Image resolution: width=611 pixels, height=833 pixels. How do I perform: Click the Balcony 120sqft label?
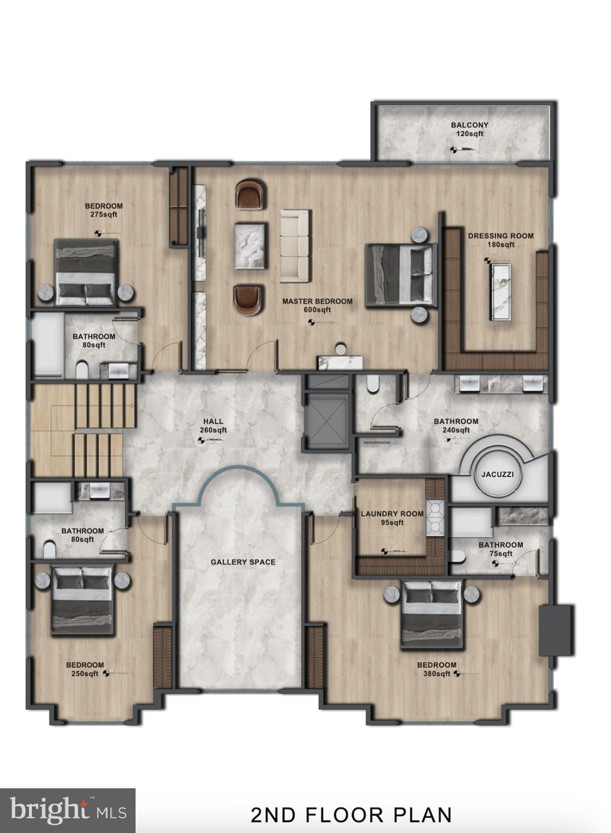click(x=469, y=129)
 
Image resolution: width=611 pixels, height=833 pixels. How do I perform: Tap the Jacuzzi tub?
click(x=497, y=475)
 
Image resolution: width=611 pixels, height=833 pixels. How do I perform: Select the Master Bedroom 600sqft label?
click(x=317, y=305)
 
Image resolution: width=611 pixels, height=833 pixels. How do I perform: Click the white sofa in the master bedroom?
click(x=295, y=246)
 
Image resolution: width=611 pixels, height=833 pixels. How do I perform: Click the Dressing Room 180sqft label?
click(x=500, y=240)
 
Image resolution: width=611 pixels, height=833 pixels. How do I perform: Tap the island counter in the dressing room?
click(x=500, y=292)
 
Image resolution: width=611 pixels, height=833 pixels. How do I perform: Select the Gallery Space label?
click(x=243, y=562)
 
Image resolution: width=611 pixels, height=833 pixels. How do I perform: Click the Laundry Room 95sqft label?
click(x=392, y=518)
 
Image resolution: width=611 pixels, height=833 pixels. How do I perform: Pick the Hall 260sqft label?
click(x=213, y=426)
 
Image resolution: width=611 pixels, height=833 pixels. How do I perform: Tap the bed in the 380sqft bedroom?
click(x=432, y=613)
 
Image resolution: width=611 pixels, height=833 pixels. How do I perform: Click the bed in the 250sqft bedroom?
click(x=82, y=599)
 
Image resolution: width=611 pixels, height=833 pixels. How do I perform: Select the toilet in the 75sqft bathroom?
click(x=456, y=558)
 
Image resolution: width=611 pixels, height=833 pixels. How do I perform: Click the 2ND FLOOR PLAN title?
click(x=351, y=815)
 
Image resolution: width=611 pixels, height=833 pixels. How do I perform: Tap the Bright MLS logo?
click(x=68, y=810)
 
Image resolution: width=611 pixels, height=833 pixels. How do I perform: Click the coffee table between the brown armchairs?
click(x=250, y=246)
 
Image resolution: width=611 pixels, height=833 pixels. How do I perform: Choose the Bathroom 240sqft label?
click(x=456, y=426)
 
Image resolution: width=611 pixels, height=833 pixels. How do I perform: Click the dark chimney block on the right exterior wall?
click(x=556, y=630)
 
